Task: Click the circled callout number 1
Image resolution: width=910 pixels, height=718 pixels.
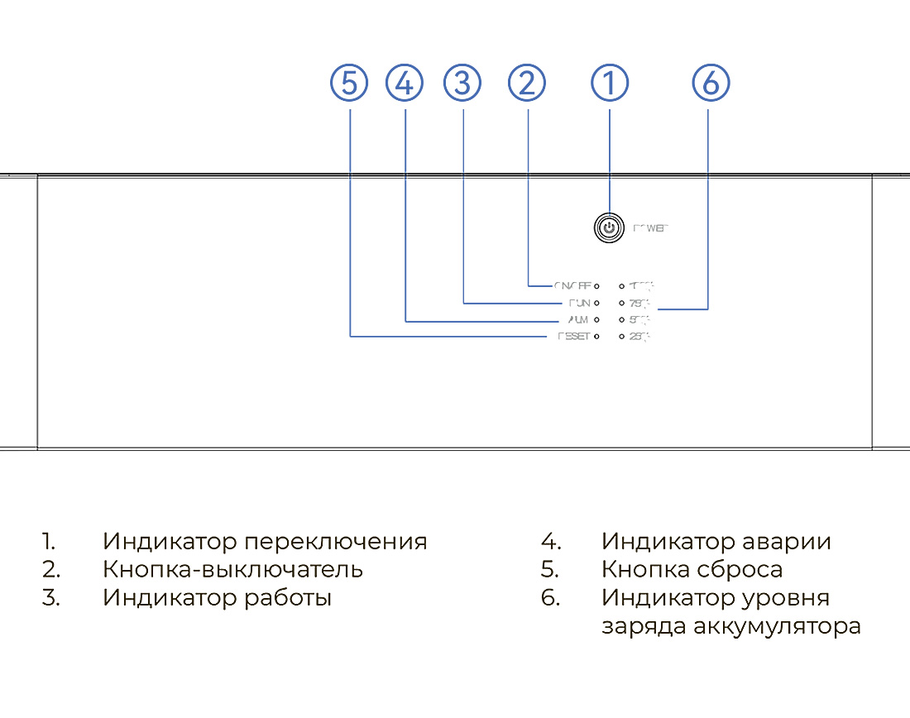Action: coord(610,83)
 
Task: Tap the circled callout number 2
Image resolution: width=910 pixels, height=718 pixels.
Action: coord(528,83)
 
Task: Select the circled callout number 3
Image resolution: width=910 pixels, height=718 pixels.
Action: coord(462,83)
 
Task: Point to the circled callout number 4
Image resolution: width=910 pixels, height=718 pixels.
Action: coord(405,83)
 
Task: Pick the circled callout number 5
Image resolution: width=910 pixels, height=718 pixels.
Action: coord(349,83)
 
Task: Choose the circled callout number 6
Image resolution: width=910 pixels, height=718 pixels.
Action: coord(711,83)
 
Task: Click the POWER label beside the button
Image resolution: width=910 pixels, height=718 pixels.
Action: coord(650,228)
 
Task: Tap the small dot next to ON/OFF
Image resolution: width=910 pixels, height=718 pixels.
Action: coord(596,286)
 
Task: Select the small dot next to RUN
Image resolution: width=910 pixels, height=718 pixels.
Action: coord(596,303)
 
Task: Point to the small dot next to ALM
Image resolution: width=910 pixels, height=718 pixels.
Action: coord(596,319)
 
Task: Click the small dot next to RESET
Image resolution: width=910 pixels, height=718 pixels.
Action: coord(596,337)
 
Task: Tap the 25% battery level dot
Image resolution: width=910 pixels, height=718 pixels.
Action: coord(621,337)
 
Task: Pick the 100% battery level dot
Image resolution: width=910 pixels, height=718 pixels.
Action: coord(621,286)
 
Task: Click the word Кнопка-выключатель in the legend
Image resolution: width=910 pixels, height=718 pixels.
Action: coord(232,570)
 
